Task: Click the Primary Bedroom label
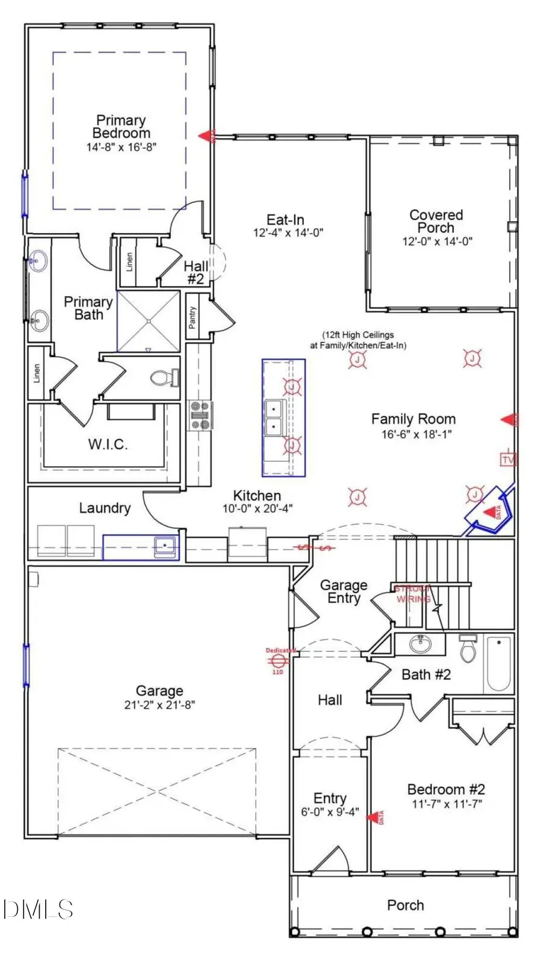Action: tap(121, 127)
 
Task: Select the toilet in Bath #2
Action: tap(468, 650)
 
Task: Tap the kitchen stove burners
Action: tap(199, 415)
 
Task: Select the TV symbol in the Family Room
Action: tap(508, 460)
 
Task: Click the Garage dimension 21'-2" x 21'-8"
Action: tap(159, 705)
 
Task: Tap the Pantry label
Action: tap(192, 318)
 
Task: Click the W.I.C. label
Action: tap(108, 444)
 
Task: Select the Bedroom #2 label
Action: tap(446, 789)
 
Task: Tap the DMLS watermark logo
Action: tap(37, 909)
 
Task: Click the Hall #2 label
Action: tap(195, 272)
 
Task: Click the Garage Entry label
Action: tap(344, 591)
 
